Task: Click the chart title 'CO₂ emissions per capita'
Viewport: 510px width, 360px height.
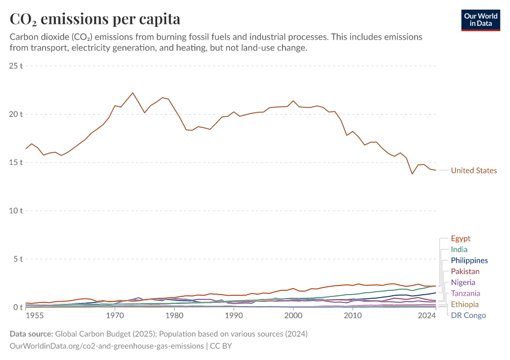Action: coord(95,19)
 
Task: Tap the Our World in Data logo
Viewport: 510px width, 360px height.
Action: coord(480,19)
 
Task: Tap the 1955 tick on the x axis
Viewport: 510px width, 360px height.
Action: coord(35,316)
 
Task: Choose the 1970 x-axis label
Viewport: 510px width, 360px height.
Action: coord(115,316)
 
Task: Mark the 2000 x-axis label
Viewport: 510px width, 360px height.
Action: coord(293,316)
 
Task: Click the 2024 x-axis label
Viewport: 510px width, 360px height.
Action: coord(427,316)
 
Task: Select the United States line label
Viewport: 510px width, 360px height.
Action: coord(474,170)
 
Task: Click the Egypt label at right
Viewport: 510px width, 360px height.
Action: coord(461,238)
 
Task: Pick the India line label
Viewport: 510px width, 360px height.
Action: coord(459,250)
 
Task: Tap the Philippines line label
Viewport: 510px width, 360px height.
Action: coord(469,260)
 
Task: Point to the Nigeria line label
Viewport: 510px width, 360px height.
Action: coord(463,283)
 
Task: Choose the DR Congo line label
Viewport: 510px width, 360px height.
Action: coord(468,316)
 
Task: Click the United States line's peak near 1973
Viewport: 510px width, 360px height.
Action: coord(133,93)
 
